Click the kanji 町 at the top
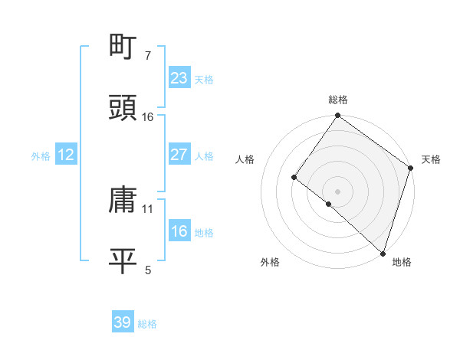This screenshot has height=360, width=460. pos(123,47)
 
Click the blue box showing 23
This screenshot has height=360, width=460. pos(179,78)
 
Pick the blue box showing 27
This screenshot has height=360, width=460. pos(179,155)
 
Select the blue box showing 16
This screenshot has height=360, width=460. pos(179,232)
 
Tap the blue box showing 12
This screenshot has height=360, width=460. pos(66,155)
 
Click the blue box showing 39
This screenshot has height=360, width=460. pos(123,322)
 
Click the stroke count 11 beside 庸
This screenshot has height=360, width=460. pos(148,208)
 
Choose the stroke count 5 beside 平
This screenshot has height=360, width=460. pos(148,270)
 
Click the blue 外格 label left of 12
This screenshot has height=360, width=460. pos(41,156)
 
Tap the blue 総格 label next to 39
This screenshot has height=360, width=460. pos(147,324)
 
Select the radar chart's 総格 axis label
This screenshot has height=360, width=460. pos(338,100)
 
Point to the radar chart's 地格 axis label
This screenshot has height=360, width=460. pos(402,262)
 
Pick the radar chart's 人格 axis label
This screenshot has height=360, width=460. pos(245,159)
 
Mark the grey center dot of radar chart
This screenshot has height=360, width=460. pos(338,191)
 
